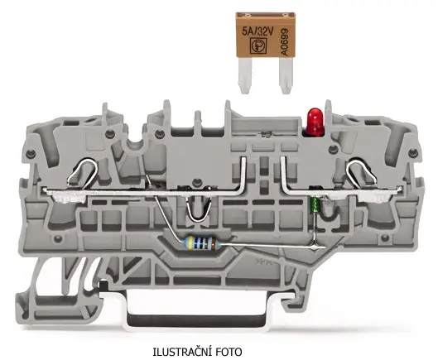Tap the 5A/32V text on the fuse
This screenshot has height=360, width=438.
[258, 31]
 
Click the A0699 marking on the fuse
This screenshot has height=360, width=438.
[284, 42]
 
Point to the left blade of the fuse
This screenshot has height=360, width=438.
[245, 77]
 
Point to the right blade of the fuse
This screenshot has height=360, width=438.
[286, 77]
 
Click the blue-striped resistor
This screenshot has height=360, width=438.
[203, 242]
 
